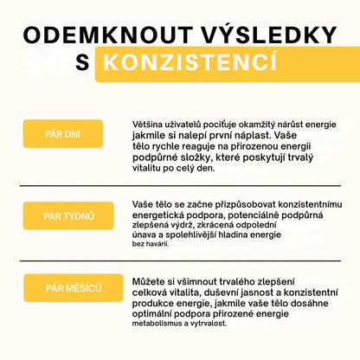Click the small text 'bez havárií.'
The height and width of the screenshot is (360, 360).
(151, 243)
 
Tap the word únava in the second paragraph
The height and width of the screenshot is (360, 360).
(148, 234)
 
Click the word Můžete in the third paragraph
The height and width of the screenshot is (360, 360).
(152, 283)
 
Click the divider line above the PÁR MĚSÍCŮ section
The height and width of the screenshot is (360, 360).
(179, 261)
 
